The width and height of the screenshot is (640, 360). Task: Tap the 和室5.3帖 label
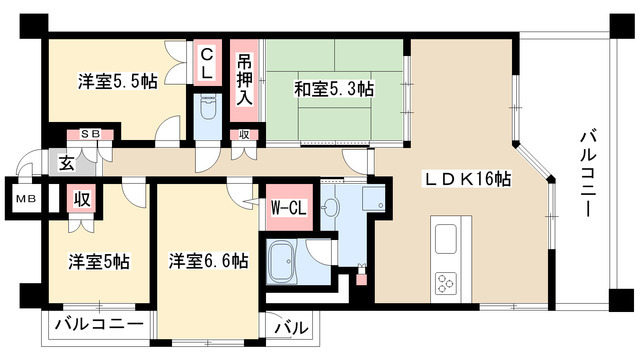[334, 89]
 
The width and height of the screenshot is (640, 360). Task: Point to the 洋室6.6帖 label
[208, 262]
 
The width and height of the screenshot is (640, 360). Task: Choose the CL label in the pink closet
[207, 62]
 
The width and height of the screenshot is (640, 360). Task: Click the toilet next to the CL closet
[208, 110]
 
